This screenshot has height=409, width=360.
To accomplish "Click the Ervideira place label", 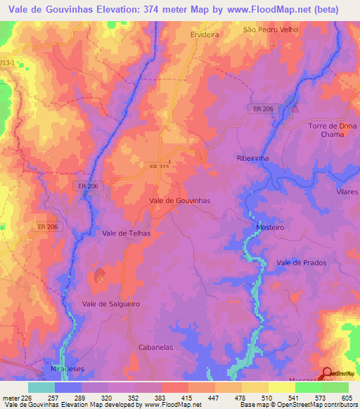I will (x=206, y=33).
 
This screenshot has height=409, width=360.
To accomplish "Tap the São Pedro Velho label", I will (x=271, y=30).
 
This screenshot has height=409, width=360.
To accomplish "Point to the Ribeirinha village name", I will (x=253, y=159).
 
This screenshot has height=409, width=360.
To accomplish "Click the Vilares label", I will (x=347, y=192).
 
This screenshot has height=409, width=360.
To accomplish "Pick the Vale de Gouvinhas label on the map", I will (x=180, y=200).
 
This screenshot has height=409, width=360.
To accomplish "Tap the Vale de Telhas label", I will (x=127, y=233).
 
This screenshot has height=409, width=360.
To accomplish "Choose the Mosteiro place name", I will (x=267, y=228).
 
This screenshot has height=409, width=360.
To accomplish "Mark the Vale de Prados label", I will (x=302, y=263).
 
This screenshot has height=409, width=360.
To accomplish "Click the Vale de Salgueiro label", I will (x=111, y=303).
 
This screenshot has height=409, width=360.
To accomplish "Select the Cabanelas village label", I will (x=156, y=347).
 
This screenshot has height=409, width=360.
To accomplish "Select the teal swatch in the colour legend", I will (x=41, y=387).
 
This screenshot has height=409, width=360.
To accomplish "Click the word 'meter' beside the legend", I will (x=11, y=398).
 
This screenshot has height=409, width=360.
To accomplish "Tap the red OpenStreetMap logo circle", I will (x=328, y=372).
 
